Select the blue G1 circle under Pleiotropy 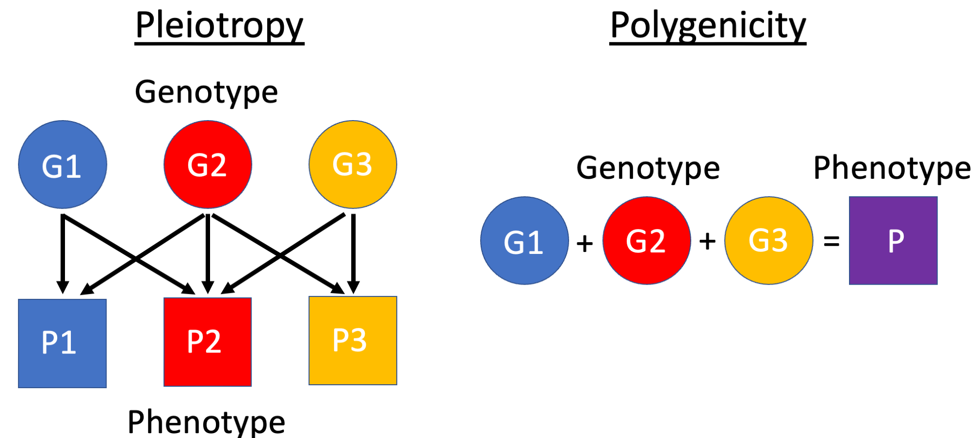pos(63,165)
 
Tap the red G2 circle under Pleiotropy pos(208,165)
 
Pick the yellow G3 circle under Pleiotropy pos(353,165)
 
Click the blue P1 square pos(63,343)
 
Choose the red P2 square pos(208,342)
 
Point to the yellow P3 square pos(353,340)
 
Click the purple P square pos(893,240)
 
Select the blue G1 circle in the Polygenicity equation pos(525,240)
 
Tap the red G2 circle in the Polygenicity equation pos(647,240)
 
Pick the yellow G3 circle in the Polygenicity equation pos(769,240)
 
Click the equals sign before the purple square pos(831,241)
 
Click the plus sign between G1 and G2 pos(585,242)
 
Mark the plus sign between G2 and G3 pos(707,241)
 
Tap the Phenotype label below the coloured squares pos(206,422)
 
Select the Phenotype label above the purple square pos(892,168)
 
